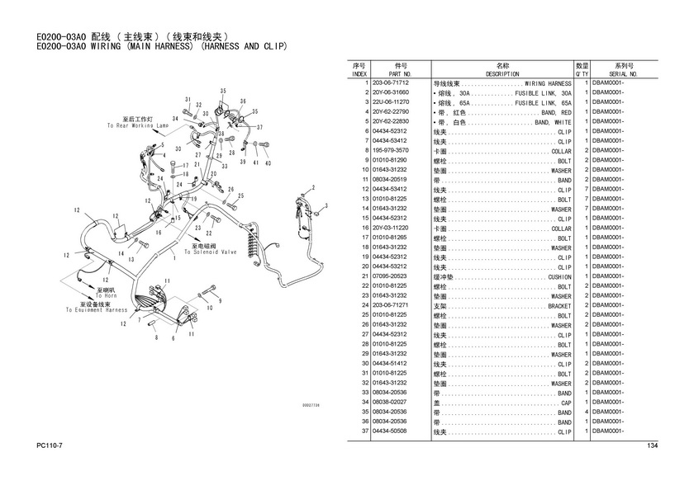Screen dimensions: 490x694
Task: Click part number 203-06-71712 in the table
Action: [391, 83]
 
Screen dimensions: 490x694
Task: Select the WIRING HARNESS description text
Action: [548, 83]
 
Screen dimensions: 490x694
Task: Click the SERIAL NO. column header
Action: [624, 73]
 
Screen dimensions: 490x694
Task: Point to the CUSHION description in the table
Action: [559, 276]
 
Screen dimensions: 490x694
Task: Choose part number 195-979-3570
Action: [391, 151]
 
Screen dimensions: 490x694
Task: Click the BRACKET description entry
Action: [559, 306]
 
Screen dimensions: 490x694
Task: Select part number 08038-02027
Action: [391, 403]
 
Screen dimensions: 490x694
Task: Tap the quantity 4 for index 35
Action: [585, 412]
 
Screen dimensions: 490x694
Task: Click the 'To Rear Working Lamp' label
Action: [137, 125]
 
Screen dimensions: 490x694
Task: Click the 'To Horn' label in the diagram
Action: [106, 295]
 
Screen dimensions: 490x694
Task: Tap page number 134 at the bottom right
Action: [652, 446]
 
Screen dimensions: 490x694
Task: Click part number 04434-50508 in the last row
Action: [391, 431]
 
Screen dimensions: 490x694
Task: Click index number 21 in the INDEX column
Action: [364, 276]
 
